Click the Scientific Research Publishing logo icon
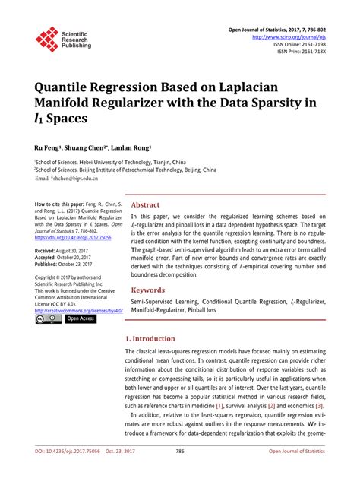coord(47,39)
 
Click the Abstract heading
coord(145,204)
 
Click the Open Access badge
coord(81,319)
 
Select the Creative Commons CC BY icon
coord(49,319)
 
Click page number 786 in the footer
coord(180,472)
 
